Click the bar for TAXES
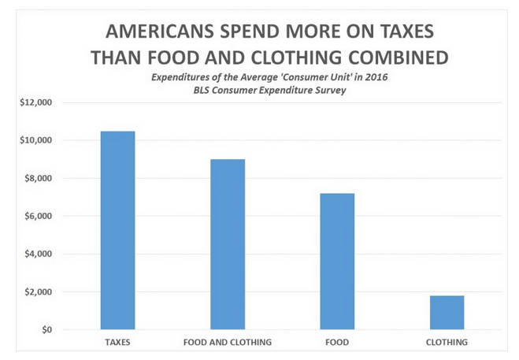pyautogui.click(x=117, y=230)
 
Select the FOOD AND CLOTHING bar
pyautogui.click(x=227, y=244)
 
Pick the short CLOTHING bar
pyautogui.click(x=447, y=313)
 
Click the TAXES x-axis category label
pyautogui.click(x=117, y=343)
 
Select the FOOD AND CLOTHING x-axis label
pyautogui.click(x=227, y=343)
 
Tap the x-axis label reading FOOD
pyautogui.click(x=337, y=343)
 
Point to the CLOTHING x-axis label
pyautogui.click(x=447, y=343)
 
